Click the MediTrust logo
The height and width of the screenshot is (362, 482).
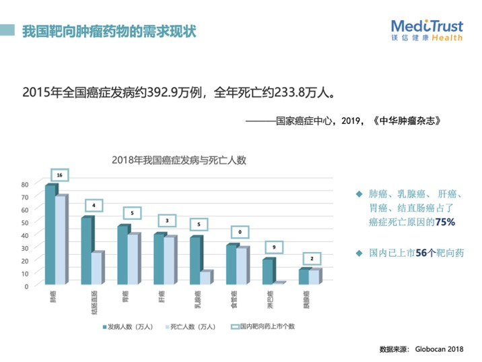pos(427,30)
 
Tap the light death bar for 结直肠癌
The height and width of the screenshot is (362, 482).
pos(97,268)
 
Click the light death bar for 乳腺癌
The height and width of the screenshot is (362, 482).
pos(205,277)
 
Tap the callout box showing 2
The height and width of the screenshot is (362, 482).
pos(312,258)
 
